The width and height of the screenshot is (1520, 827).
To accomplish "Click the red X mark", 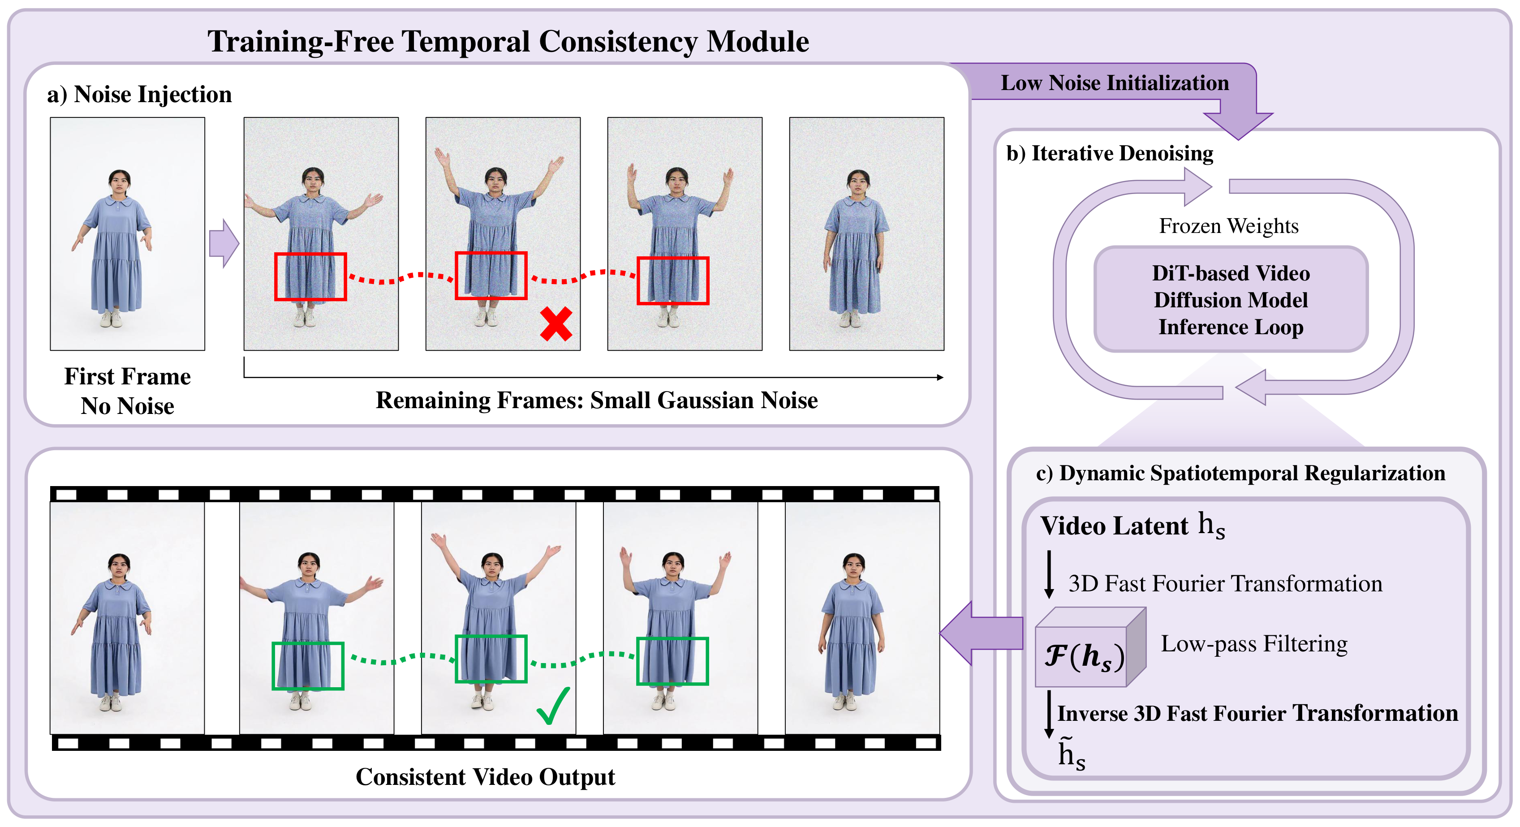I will (556, 324).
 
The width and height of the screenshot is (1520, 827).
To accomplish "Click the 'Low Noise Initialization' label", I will (1115, 82).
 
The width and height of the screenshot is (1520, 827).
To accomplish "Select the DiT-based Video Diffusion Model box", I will (1231, 300).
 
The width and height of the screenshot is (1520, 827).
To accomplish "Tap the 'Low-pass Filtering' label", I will (1254, 644).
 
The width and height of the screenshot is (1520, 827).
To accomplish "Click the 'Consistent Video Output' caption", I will (485, 777).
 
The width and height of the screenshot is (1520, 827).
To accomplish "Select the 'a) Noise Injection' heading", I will (139, 95).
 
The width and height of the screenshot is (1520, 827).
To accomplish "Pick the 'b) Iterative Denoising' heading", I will (1109, 153).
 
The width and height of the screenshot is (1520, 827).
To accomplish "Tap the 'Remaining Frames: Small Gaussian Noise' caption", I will (597, 400).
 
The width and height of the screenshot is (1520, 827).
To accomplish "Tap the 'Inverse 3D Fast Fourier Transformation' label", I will (1257, 713).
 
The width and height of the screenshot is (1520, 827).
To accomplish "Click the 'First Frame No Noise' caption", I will (128, 391).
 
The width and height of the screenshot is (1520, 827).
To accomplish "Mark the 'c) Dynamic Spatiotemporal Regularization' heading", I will (1240, 473).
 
